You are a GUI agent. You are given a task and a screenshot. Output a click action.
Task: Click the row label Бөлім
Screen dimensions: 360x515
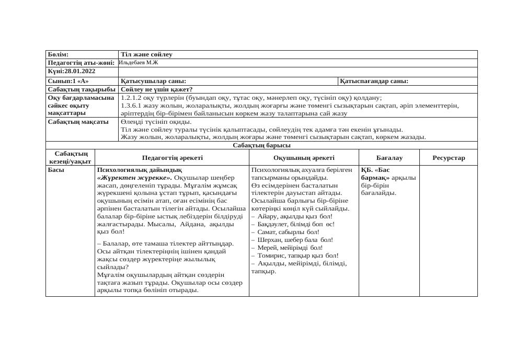(58, 54)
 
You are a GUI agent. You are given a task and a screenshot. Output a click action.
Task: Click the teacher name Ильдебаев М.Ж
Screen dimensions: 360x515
(139, 63)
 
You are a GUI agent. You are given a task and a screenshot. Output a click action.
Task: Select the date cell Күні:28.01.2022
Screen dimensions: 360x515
(72, 71)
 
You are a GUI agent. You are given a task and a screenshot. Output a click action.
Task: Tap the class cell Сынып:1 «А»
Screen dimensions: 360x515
(68, 81)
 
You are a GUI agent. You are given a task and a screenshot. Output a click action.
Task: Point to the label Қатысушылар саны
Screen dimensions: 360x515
(154, 81)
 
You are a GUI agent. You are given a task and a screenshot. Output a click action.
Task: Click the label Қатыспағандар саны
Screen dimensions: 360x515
(374, 81)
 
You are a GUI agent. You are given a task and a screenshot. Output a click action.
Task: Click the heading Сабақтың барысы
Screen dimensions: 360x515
(261, 145)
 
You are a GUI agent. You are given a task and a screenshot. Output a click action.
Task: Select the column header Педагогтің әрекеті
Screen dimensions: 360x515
(172, 157)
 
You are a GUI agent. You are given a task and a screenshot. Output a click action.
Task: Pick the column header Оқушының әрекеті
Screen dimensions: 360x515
(304, 157)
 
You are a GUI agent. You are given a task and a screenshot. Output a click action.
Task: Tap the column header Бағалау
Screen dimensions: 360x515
(389, 157)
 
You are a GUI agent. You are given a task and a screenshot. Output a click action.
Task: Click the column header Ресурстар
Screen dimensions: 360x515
(448, 157)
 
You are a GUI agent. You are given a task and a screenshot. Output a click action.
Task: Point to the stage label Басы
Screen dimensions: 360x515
(55, 170)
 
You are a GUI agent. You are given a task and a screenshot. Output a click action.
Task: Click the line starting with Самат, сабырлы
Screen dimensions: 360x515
(288, 232)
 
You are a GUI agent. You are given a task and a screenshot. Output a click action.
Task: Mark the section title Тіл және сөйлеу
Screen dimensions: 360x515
(146, 54)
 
